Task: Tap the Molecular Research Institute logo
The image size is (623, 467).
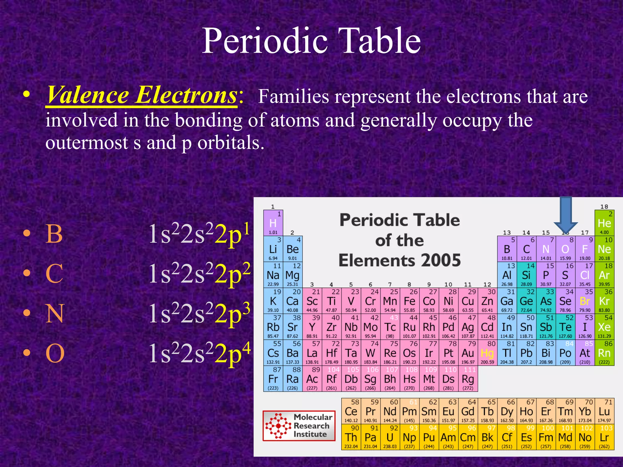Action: click(299, 426)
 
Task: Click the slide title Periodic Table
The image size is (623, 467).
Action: click(311, 41)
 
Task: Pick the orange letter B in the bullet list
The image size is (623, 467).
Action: click(54, 234)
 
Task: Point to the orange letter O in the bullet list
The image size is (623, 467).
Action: click(55, 353)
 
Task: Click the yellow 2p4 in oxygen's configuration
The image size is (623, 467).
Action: click(232, 353)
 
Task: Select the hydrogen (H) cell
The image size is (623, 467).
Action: click(273, 223)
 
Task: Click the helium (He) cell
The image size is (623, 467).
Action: click(604, 223)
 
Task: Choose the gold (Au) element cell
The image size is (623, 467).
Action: click(468, 353)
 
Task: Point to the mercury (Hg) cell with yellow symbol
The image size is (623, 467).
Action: click(487, 353)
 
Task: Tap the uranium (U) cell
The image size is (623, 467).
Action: click(390, 437)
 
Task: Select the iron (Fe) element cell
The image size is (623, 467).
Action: click(409, 301)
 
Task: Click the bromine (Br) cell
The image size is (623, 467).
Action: click(585, 301)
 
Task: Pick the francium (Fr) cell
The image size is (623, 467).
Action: click(273, 379)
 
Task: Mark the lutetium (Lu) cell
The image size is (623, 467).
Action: click(604, 411)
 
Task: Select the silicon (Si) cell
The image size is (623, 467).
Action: click(526, 275)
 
